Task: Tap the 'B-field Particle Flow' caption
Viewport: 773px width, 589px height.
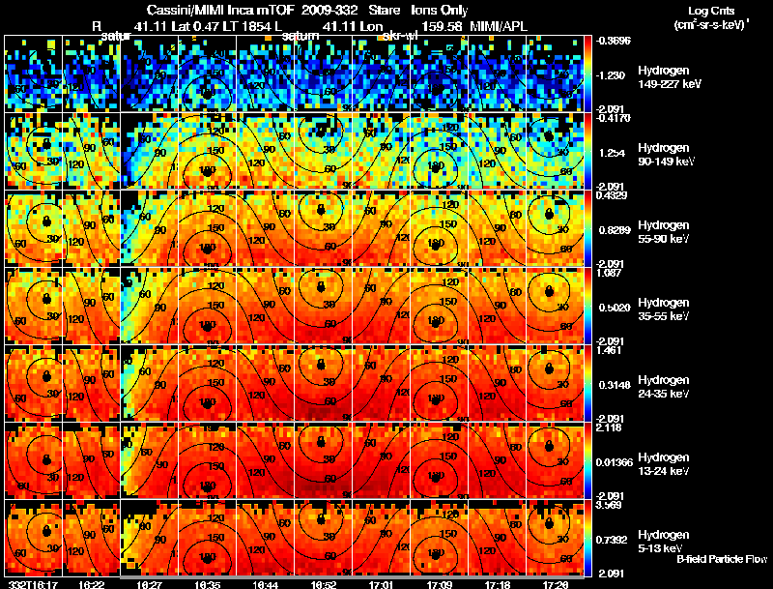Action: (x=722, y=559)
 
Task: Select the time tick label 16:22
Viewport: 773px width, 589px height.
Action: (x=93, y=584)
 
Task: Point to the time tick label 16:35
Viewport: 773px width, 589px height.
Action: (x=207, y=584)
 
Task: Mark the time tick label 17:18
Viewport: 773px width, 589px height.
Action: (x=496, y=584)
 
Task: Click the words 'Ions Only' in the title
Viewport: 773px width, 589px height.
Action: (x=441, y=9)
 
